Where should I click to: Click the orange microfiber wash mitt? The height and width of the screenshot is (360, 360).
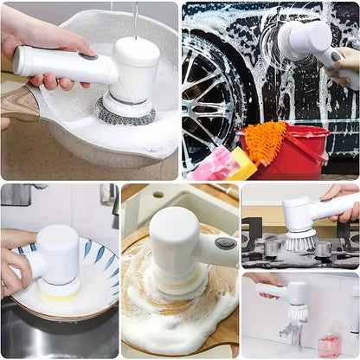coord(264,139)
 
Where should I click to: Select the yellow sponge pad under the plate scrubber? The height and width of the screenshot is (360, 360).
coord(58,294)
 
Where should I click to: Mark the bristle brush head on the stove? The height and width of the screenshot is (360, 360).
coord(299,241)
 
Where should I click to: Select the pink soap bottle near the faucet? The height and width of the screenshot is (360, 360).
coord(329,344)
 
